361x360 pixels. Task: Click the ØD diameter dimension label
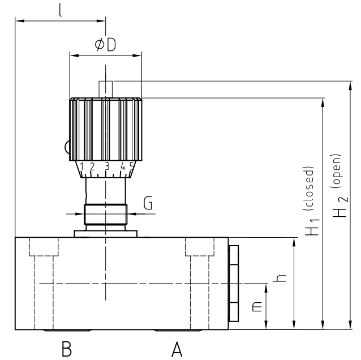(105, 45)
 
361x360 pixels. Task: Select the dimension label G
(148, 204)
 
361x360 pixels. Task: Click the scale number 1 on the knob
(82, 166)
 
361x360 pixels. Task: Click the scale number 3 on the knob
(106, 166)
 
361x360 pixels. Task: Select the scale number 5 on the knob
(131, 166)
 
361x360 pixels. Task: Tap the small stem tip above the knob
(105, 88)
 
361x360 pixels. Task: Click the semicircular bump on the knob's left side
(67, 147)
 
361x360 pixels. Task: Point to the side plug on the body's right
(234, 283)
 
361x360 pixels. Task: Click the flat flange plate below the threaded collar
(105, 233)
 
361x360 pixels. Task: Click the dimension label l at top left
(60, 11)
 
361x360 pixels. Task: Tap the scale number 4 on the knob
(123, 166)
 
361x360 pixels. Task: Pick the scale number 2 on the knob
(92, 166)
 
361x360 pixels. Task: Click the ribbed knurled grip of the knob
(105, 129)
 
